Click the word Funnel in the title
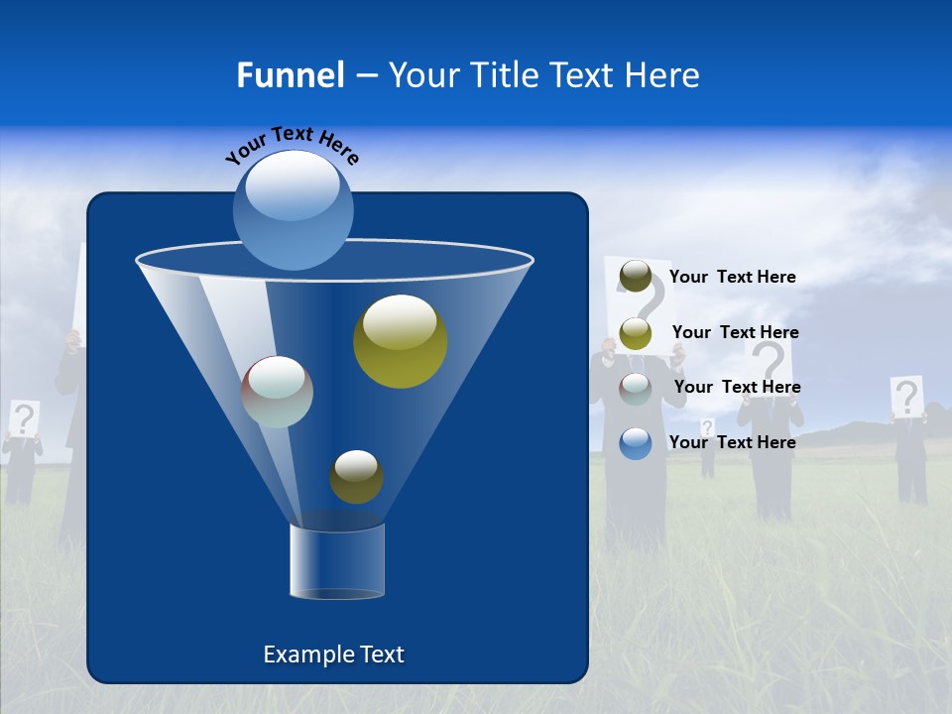tap(290, 75)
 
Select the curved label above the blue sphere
tap(292, 146)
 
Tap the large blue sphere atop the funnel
tap(294, 209)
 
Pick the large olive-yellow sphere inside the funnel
tap(400, 341)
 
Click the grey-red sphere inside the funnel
tap(278, 392)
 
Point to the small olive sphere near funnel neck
tap(356, 477)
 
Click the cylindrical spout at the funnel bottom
tap(336, 562)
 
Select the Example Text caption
tap(333, 654)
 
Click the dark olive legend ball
tap(635, 277)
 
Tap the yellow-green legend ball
tap(635, 333)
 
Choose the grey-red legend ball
tap(635, 388)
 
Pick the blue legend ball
tap(635, 442)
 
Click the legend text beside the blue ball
tap(732, 442)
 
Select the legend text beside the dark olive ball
tap(732, 278)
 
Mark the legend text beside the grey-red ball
tap(737, 387)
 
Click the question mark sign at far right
tap(906, 397)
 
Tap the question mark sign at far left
tap(24, 418)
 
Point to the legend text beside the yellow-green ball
tap(735, 332)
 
